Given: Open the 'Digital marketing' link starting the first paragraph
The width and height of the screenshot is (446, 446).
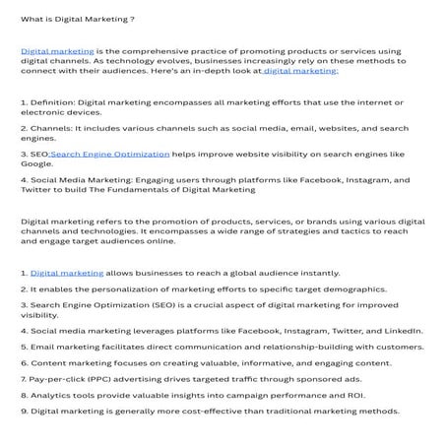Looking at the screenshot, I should tap(57, 48).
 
